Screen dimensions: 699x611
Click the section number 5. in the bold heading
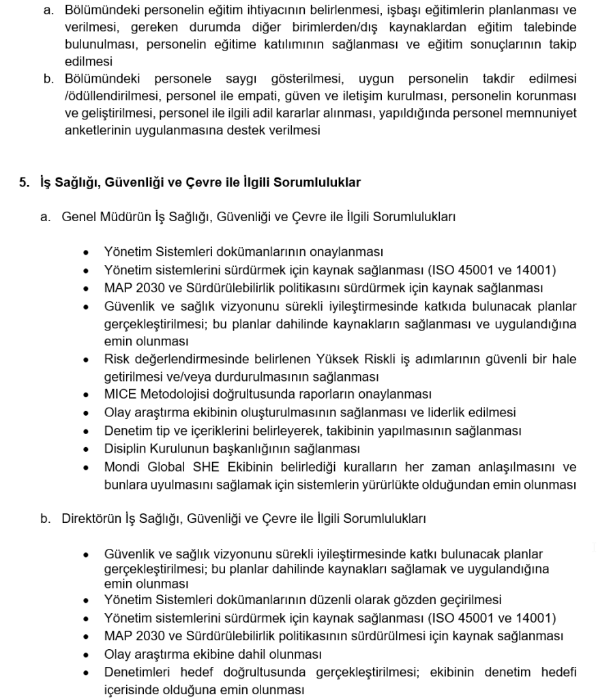(24, 183)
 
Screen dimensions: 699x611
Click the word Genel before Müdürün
(78, 217)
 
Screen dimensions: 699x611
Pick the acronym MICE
(121, 395)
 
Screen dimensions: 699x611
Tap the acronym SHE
(206, 468)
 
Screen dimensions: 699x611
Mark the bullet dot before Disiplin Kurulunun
(86, 450)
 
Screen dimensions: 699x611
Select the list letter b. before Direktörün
(46, 519)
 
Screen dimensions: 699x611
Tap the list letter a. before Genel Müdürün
(46, 217)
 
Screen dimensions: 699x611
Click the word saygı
(245, 79)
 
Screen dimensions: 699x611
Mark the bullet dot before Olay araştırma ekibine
(86, 655)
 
